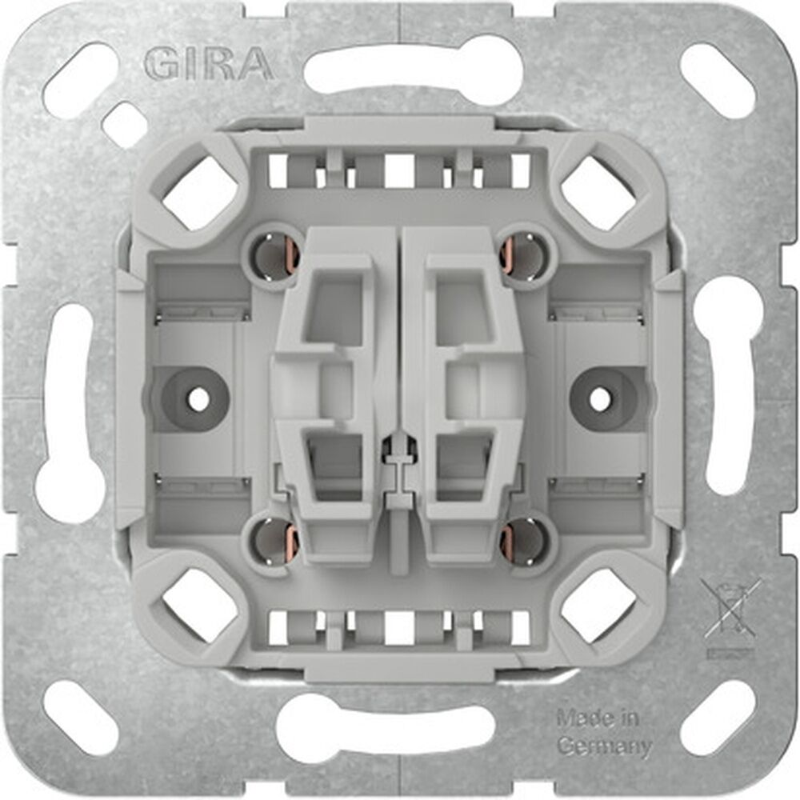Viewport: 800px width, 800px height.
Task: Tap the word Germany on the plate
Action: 603,747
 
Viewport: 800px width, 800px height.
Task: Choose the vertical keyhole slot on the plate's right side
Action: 730,392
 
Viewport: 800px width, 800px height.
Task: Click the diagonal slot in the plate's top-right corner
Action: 717,80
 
